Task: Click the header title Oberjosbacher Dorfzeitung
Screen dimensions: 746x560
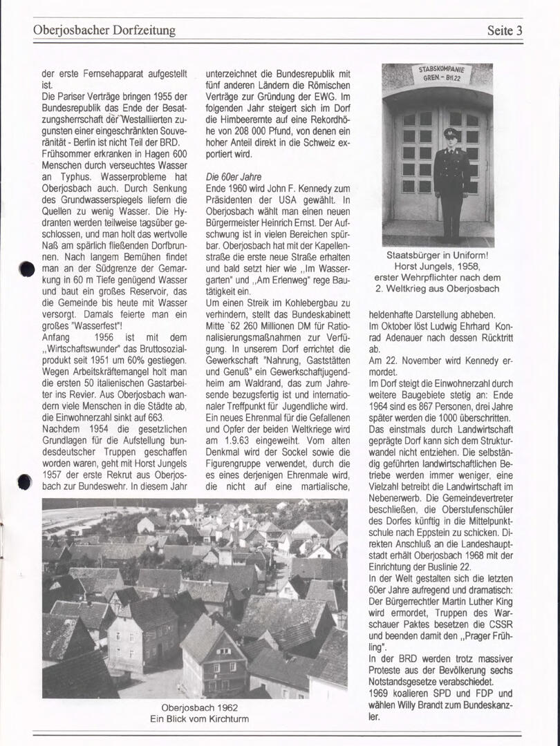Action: [104, 30]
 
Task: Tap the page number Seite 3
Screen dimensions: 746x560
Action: [504, 30]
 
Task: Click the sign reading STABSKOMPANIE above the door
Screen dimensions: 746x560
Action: [442, 70]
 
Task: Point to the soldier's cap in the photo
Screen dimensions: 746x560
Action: [451, 133]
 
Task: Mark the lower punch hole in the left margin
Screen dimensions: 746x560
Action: [25, 481]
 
